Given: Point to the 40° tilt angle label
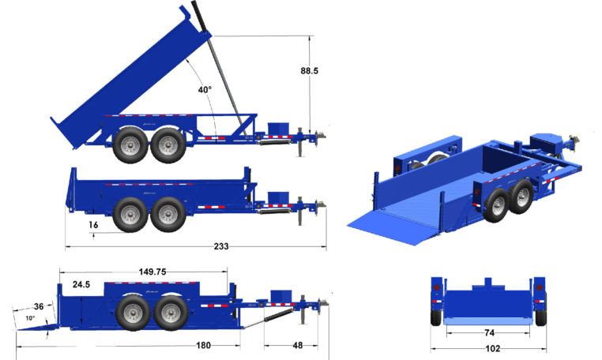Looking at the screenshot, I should [x=205, y=90].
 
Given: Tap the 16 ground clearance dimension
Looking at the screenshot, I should [x=93, y=225].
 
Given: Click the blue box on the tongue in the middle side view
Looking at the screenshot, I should [x=279, y=197].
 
